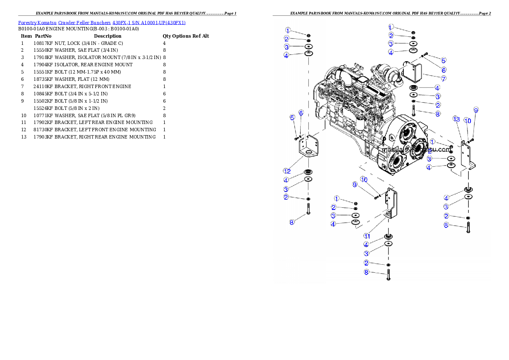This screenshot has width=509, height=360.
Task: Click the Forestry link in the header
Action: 27,23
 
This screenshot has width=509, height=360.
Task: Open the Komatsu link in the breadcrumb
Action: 47,23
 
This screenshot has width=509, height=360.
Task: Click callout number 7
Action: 444,79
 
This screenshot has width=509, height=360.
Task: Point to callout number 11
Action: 367,236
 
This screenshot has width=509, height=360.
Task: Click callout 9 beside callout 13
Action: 476,110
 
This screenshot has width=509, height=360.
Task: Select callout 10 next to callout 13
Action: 468,121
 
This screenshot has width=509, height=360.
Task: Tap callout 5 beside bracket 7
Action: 444,61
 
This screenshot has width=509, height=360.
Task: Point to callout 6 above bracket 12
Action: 301,112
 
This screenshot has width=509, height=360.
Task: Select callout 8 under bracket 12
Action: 292,222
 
